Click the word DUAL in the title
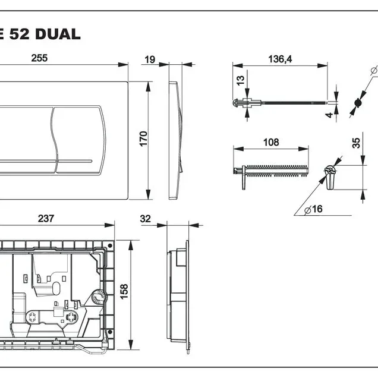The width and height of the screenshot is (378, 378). (58, 34)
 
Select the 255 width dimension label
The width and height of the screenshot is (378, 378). (39, 58)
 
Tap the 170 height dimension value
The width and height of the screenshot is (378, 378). (143, 139)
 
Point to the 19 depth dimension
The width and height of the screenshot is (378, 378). (150, 59)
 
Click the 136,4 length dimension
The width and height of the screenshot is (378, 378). (280, 59)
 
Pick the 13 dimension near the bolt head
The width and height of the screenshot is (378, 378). (240, 80)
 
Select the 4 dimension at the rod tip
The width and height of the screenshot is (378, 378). (329, 115)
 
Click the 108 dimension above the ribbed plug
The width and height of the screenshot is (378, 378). (271, 142)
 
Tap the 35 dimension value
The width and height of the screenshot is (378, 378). (356, 143)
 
